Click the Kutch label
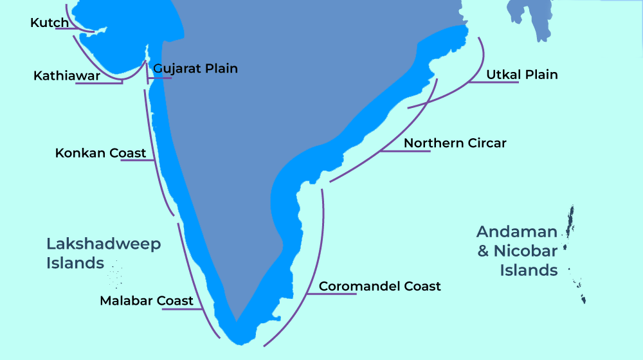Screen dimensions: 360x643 [50, 23]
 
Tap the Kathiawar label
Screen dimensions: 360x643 [66, 76]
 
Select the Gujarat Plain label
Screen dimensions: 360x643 [195, 68]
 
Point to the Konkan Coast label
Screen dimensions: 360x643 [100, 154]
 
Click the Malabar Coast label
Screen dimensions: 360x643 [147, 301]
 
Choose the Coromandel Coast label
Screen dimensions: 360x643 [380, 286]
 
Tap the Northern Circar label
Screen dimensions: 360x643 [455, 143]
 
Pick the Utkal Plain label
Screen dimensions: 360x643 [521, 75]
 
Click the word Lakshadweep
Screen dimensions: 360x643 [104, 244]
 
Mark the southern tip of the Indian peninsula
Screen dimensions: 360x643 [237, 319]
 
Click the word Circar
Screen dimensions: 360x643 [485, 143]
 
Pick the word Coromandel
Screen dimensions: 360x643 [359, 286]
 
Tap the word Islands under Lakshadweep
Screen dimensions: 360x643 [75, 263]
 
